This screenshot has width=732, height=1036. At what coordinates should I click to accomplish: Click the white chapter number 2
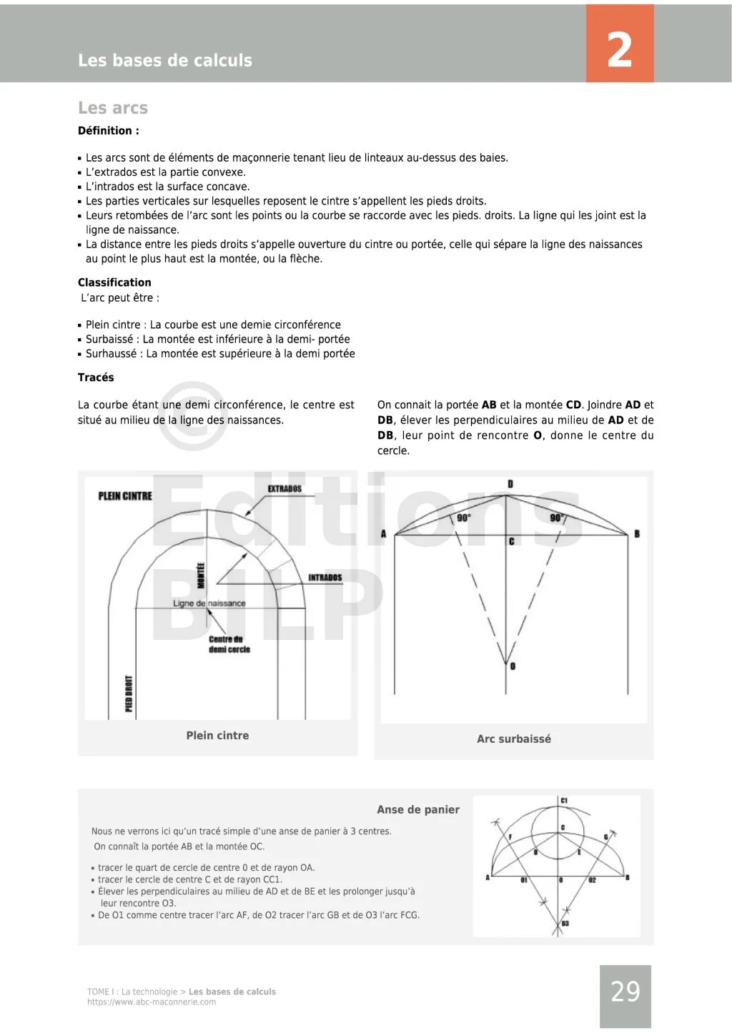[619, 49]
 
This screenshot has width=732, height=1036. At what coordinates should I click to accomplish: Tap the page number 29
[625, 992]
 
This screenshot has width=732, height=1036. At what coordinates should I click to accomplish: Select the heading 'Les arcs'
[113, 108]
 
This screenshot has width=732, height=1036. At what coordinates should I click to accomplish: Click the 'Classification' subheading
[114, 282]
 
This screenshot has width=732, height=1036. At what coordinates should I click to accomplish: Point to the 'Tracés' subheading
[96, 378]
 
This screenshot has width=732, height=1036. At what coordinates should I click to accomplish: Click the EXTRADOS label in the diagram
[285, 489]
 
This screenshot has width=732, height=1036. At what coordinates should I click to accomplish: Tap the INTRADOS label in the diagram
[325, 578]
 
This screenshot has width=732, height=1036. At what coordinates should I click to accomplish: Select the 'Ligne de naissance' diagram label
[209, 603]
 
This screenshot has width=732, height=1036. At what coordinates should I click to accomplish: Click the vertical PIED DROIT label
[129, 694]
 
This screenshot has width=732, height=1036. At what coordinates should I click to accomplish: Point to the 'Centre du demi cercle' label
[229, 644]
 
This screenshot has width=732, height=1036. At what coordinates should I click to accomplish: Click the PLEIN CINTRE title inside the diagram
[125, 496]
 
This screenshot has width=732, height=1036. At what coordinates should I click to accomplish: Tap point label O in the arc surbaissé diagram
[513, 666]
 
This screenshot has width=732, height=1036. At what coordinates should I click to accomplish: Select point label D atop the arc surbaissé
[510, 484]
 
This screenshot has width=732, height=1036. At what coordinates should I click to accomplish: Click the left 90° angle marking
[463, 518]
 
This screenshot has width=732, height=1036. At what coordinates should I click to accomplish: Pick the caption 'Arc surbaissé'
[514, 739]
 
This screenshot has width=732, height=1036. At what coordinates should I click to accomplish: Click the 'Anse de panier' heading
[418, 809]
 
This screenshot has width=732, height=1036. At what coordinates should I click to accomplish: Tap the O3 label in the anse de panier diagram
[565, 924]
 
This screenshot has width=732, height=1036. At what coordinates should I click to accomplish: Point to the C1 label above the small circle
[564, 801]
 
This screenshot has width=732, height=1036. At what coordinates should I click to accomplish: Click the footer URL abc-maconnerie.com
[152, 1002]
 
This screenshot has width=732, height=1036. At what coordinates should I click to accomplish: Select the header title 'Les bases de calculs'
[165, 61]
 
